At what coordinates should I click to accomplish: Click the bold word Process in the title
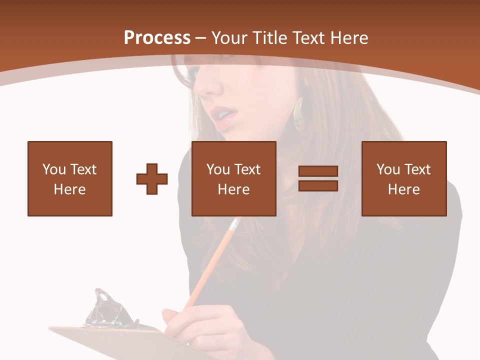tap(157, 38)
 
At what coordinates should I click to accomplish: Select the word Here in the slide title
tap(349, 38)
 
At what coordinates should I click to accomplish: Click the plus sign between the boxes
tap(152, 179)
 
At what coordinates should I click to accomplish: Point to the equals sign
tap(318, 178)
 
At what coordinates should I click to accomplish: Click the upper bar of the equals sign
tap(318, 171)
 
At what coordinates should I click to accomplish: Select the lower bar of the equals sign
tap(318, 185)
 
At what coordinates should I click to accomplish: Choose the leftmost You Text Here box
tap(70, 178)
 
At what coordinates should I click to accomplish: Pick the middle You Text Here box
tap(234, 178)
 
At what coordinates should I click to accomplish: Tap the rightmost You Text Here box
tap(404, 178)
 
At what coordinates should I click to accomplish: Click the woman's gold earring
tap(298, 114)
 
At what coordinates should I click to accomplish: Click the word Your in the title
tap(227, 38)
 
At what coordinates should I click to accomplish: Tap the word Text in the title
tap(308, 38)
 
